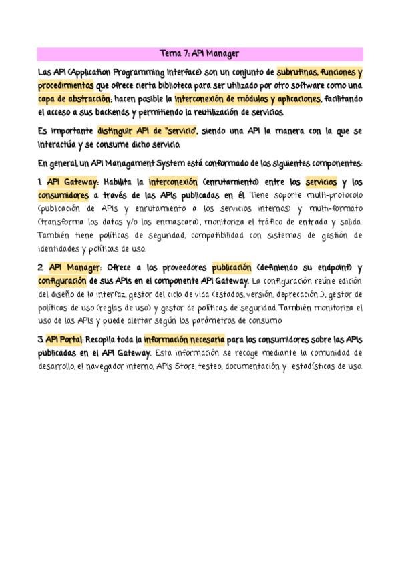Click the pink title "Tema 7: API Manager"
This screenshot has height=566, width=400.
tap(200, 53)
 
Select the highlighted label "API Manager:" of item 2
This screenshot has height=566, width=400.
tap(74, 267)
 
